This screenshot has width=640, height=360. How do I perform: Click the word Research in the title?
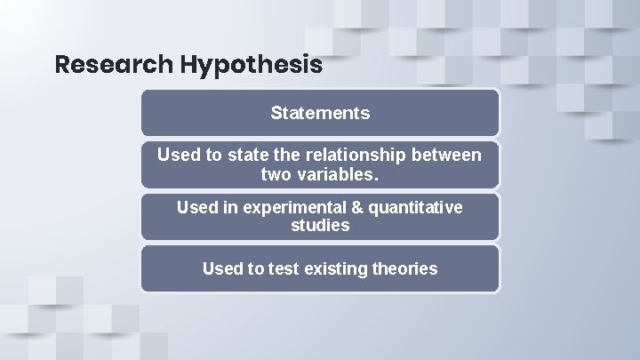click(113, 65)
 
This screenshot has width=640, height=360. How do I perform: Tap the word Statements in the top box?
click(320, 113)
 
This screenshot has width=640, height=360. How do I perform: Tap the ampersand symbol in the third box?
click(364, 207)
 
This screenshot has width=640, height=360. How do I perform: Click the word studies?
click(320, 226)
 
